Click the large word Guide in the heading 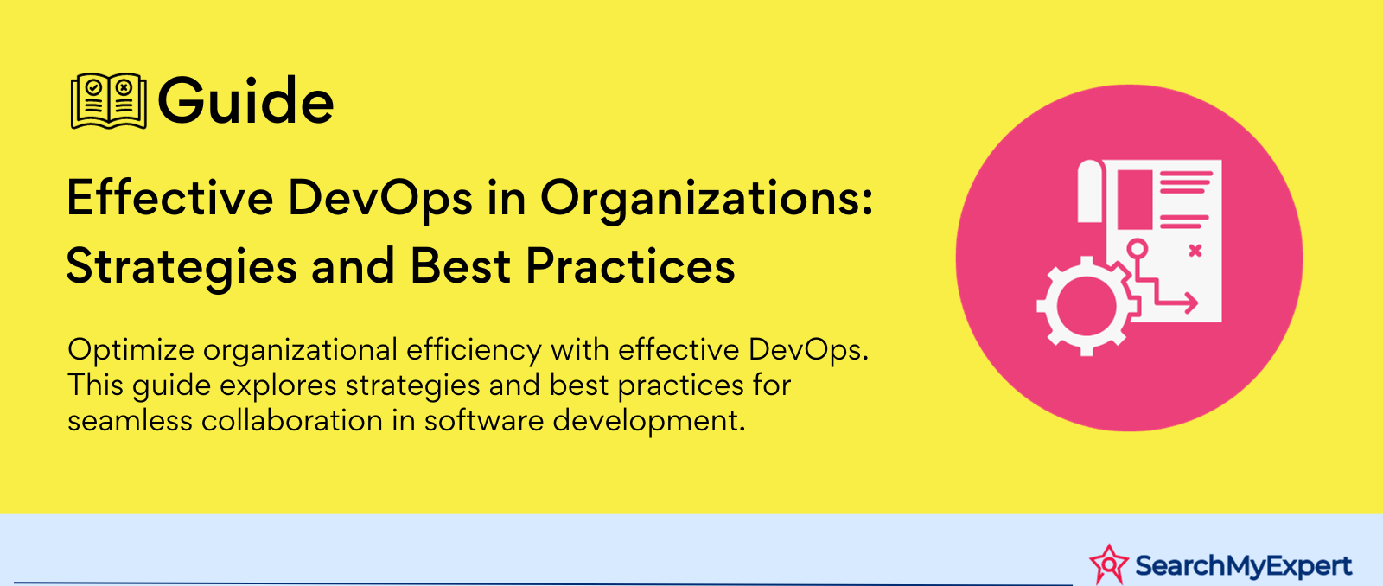245,100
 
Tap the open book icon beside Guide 109,100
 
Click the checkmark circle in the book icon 94,87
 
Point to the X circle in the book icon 124,87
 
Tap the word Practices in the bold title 630,266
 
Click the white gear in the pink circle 1087,306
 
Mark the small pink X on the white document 1195,251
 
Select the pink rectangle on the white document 1135,200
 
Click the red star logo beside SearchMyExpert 1109,564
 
